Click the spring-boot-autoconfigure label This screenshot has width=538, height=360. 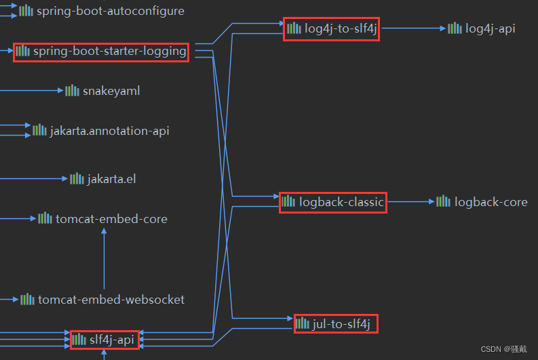(110, 11)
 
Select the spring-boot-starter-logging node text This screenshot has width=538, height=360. (109, 52)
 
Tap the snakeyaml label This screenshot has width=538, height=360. (111, 91)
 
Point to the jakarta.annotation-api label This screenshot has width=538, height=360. (109, 131)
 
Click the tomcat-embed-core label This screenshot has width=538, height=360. (111, 219)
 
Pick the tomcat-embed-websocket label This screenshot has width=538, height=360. (111, 300)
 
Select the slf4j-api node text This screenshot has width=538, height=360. (112, 339)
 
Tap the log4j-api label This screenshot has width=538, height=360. (491, 28)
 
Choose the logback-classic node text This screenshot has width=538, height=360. (341, 202)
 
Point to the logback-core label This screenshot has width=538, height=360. (491, 202)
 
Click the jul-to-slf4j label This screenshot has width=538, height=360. (342, 324)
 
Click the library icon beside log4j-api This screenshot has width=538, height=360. (455, 28)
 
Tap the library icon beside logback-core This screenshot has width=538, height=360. (443, 201)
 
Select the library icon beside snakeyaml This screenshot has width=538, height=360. (72, 90)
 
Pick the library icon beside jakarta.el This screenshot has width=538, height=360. (77, 178)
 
